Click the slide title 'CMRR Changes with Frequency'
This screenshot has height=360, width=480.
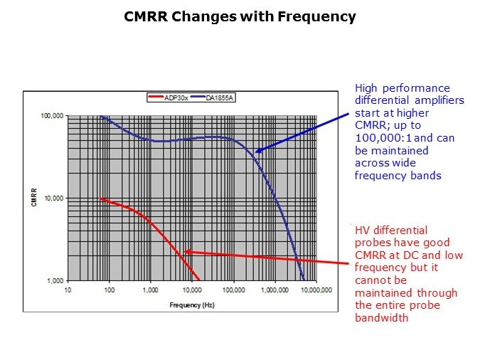pos(240,16)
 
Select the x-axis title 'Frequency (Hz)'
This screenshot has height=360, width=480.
pos(192,305)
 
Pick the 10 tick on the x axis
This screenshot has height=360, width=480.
pos(68,290)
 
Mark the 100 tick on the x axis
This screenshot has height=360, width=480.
pos(109,290)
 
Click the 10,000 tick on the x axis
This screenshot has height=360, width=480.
pos(191,290)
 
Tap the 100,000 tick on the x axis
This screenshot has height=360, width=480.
pos(233,290)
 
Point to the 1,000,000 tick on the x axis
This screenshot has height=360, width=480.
pos(274,290)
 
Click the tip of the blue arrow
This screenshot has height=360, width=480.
pos(255,152)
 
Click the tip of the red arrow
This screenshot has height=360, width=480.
pos(185,251)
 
